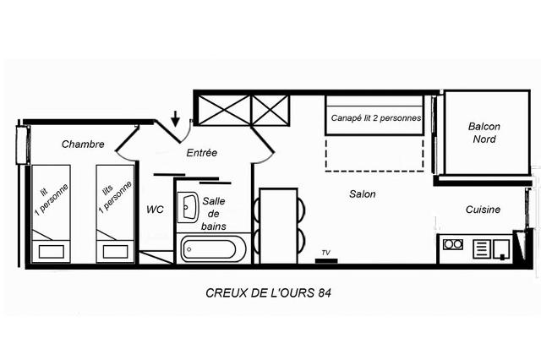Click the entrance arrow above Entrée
(176, 118)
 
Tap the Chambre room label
(83, 145)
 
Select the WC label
(155, 210)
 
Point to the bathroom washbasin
(188, 207)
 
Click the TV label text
(325, 253)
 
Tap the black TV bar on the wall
(326, 260)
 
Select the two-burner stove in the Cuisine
(453, 244)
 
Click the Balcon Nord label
(484, 133)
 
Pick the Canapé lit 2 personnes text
(376, 118)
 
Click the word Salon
(363, 194)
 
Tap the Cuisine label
(483, 210)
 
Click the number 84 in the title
(325, 292)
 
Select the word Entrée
(202, 153)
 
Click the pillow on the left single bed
(52, 251)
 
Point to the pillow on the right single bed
(116, 251)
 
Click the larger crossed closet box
(225, 110)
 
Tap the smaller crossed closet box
(270, 110)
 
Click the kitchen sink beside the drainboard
(501, 249)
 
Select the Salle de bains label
(214, 214)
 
